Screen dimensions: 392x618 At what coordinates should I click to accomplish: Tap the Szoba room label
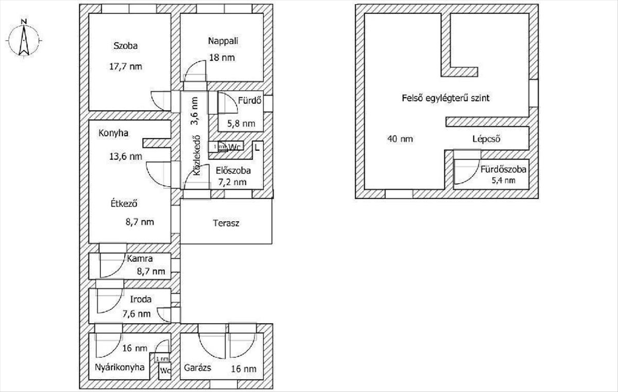(126, 45)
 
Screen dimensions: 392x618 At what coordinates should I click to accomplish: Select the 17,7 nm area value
(126, 66)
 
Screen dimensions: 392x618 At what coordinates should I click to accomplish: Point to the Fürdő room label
(247, 100)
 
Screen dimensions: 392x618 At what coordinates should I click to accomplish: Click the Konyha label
(113, 133)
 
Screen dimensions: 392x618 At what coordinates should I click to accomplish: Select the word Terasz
(226, 223)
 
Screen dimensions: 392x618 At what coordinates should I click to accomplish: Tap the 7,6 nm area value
(137, 314)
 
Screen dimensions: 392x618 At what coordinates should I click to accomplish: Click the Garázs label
(197, 368)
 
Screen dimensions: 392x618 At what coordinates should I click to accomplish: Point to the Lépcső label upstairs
(487, 139)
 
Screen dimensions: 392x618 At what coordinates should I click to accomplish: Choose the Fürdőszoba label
(503, 169)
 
